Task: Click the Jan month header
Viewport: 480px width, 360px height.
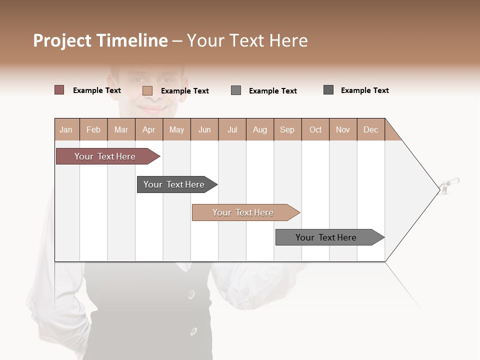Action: click(x=66, y=129)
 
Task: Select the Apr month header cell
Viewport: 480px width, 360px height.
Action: click(x=149, y=129)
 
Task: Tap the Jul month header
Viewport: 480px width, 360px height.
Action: click(x=232, y=129)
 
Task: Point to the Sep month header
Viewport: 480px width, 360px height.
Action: click(x=287, y=129)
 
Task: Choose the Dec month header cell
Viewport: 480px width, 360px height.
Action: click(x=370, y=129)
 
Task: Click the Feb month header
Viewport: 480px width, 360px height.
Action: click(x=93, y=129)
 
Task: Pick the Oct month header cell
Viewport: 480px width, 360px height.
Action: click(x=315, y=129)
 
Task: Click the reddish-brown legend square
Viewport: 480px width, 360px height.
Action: click(x=59, y=90)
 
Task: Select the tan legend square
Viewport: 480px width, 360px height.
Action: click(x=147, y=90)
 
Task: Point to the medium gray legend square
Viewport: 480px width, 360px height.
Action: click(x=236, y=90)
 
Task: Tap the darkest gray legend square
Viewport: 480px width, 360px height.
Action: click(x=328, y=90)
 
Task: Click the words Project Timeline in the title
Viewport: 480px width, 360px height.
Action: click(x=100, y=40)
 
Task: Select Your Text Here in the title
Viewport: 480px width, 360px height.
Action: click(x=247, y=40)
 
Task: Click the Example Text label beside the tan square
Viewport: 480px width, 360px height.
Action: click(x=185, y=91)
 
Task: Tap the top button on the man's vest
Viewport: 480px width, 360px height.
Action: click(x=191, y=294)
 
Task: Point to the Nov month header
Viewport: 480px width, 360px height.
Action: click(x=343, y=129)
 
